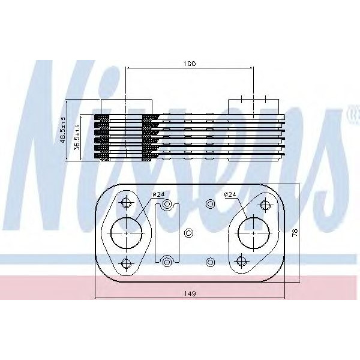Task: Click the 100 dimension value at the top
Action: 190,62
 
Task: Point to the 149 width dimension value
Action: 190,293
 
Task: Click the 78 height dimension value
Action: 294,233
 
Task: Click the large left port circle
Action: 125,232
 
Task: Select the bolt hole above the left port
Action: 125,203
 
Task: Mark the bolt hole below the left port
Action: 125,262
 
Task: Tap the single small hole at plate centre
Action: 188,233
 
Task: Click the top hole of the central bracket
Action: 167,206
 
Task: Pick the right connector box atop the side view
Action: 254,104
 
